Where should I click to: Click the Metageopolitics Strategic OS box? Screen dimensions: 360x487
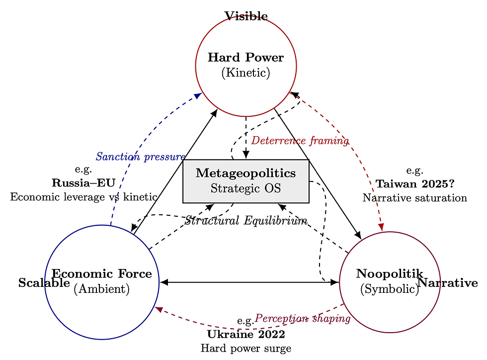coord(246,181)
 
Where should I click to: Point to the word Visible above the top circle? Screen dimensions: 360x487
coord(246,16)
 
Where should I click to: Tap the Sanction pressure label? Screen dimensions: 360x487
coord(141,157)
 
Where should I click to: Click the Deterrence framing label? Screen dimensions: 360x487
coord(300,141)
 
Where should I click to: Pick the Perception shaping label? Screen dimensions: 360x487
coord(303,318)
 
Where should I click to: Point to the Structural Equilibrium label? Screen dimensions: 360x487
coord(245,220)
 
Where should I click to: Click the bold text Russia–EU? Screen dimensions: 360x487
coord(83,182)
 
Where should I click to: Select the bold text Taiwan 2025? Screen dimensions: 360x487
coord(415,184)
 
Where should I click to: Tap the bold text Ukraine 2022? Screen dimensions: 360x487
coord(246,334)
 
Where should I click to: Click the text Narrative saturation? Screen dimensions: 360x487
coord(415,198)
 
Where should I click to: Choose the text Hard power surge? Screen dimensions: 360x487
coord(246,348)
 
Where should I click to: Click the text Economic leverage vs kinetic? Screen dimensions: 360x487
coord(83,196)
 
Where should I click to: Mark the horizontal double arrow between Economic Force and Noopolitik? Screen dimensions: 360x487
coord(248,282)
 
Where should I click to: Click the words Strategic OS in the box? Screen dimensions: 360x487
coord(246,188)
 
